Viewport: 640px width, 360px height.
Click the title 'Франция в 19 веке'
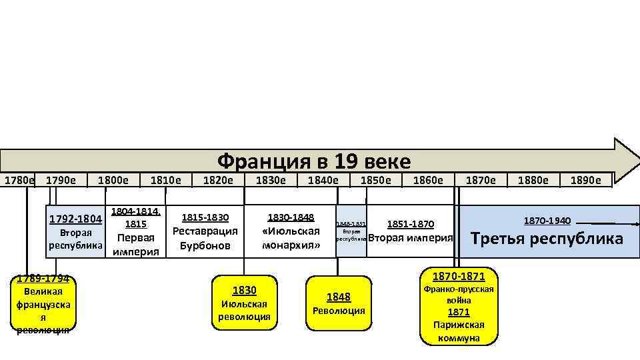[314, 161]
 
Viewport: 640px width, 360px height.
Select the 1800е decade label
[113, 180]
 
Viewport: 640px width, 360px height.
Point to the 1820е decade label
[218, 180]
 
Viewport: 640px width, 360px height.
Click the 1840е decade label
[323, 180]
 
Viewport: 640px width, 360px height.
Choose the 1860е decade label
[428, 180]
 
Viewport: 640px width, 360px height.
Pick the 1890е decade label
[585, 180]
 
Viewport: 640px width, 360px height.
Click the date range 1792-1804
[76, 219]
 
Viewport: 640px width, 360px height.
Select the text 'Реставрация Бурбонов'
[205, 238]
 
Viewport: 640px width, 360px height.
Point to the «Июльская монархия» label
[291, 238]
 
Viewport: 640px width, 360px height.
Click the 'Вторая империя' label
[410, 238]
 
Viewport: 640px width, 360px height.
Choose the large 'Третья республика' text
[547, 239]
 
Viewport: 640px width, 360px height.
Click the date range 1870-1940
[547, 220]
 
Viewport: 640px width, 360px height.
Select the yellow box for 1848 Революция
[339, 303]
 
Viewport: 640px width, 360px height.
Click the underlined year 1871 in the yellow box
[458, 313]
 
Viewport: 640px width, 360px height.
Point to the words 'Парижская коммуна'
[458, 331]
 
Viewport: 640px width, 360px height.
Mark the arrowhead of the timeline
[627, 160]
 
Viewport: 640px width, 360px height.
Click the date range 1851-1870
[410, 224]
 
